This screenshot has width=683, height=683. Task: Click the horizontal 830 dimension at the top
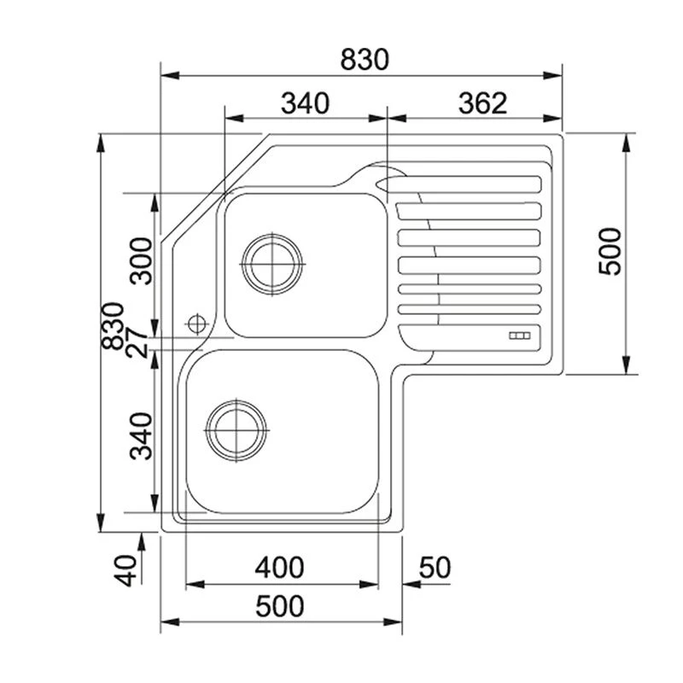pos(365,59)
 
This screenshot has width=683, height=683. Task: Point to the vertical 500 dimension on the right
pos(610,251)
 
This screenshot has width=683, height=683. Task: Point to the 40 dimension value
pos(127,569)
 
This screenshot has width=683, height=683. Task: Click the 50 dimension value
pos(435,567)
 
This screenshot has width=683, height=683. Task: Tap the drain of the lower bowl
pos(236,429)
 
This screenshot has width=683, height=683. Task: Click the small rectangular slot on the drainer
pos(520,336)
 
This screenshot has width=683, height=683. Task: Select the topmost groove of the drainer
pos(465,184)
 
